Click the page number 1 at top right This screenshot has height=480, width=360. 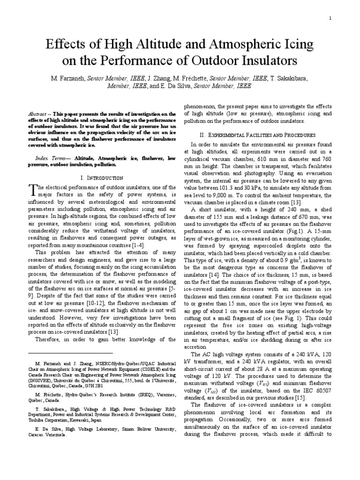pyautogui.click(x=330, y=18)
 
